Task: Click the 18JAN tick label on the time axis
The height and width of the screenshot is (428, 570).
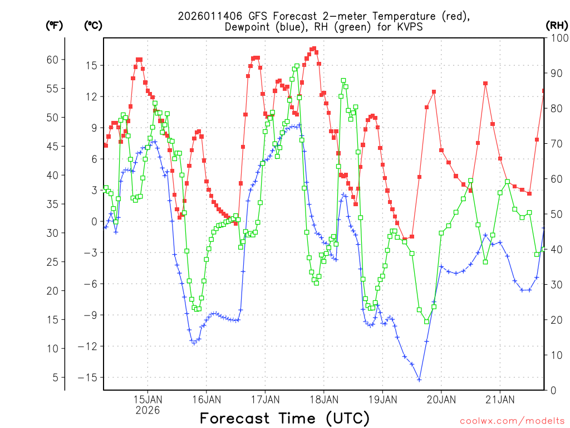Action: click(323, 399)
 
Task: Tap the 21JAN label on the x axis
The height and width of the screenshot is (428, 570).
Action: click(499, 399)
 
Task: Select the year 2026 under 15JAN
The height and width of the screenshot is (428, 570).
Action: click(148, 410)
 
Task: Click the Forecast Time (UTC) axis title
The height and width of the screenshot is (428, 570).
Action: click(284, 418)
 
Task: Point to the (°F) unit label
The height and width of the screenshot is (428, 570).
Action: click(55, 25)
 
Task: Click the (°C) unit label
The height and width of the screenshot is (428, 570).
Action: click(94, 25)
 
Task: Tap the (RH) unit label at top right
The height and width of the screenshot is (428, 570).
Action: click(557, 25)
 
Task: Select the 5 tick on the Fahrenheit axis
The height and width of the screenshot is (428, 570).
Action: click(56, 377)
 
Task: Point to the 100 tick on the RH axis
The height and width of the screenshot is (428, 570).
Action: click(557, 38)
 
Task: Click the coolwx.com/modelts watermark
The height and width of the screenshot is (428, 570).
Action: click(512, 420)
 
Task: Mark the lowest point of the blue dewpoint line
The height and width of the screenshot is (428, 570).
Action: click(419, 380)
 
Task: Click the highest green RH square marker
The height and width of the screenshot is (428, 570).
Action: click(297, 66)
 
